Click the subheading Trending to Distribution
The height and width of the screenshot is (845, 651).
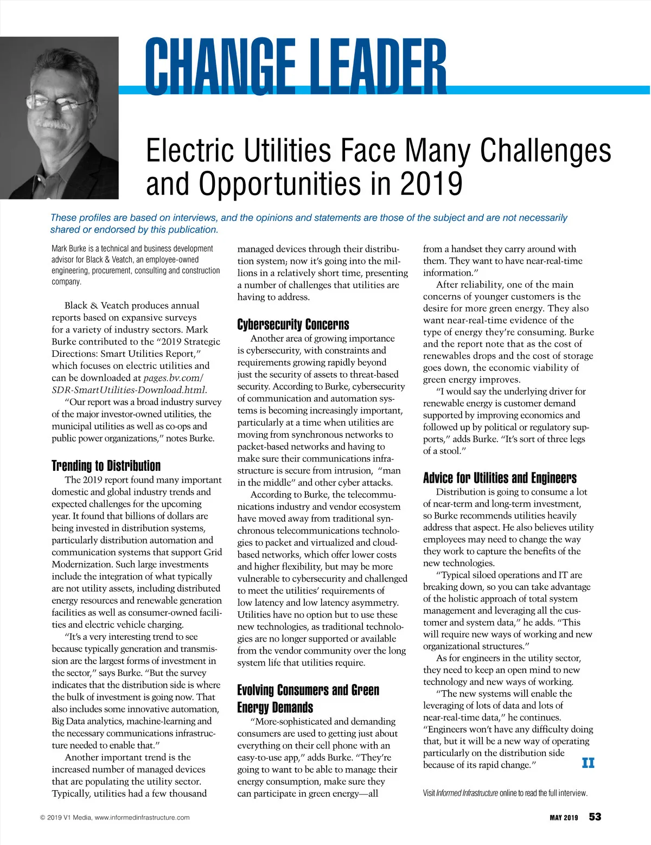tap(106, 466)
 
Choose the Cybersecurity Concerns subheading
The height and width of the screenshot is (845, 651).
tap(293, 324)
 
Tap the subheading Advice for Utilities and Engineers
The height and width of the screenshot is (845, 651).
tap(500, 478)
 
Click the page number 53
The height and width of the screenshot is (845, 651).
tap(595, 817)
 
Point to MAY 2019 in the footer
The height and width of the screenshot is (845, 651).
tap(564, 817)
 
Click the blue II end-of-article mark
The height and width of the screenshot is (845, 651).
tap(588, 763)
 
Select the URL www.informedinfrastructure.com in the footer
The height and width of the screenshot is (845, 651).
tap(142, 817)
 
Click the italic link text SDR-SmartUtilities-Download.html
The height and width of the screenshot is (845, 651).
tap(129, 390)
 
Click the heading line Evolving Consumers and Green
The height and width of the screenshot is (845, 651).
tap(308, 690)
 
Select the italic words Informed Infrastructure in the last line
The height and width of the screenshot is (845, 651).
tap(467, 793)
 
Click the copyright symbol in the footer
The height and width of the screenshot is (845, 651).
tap(43, 817)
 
